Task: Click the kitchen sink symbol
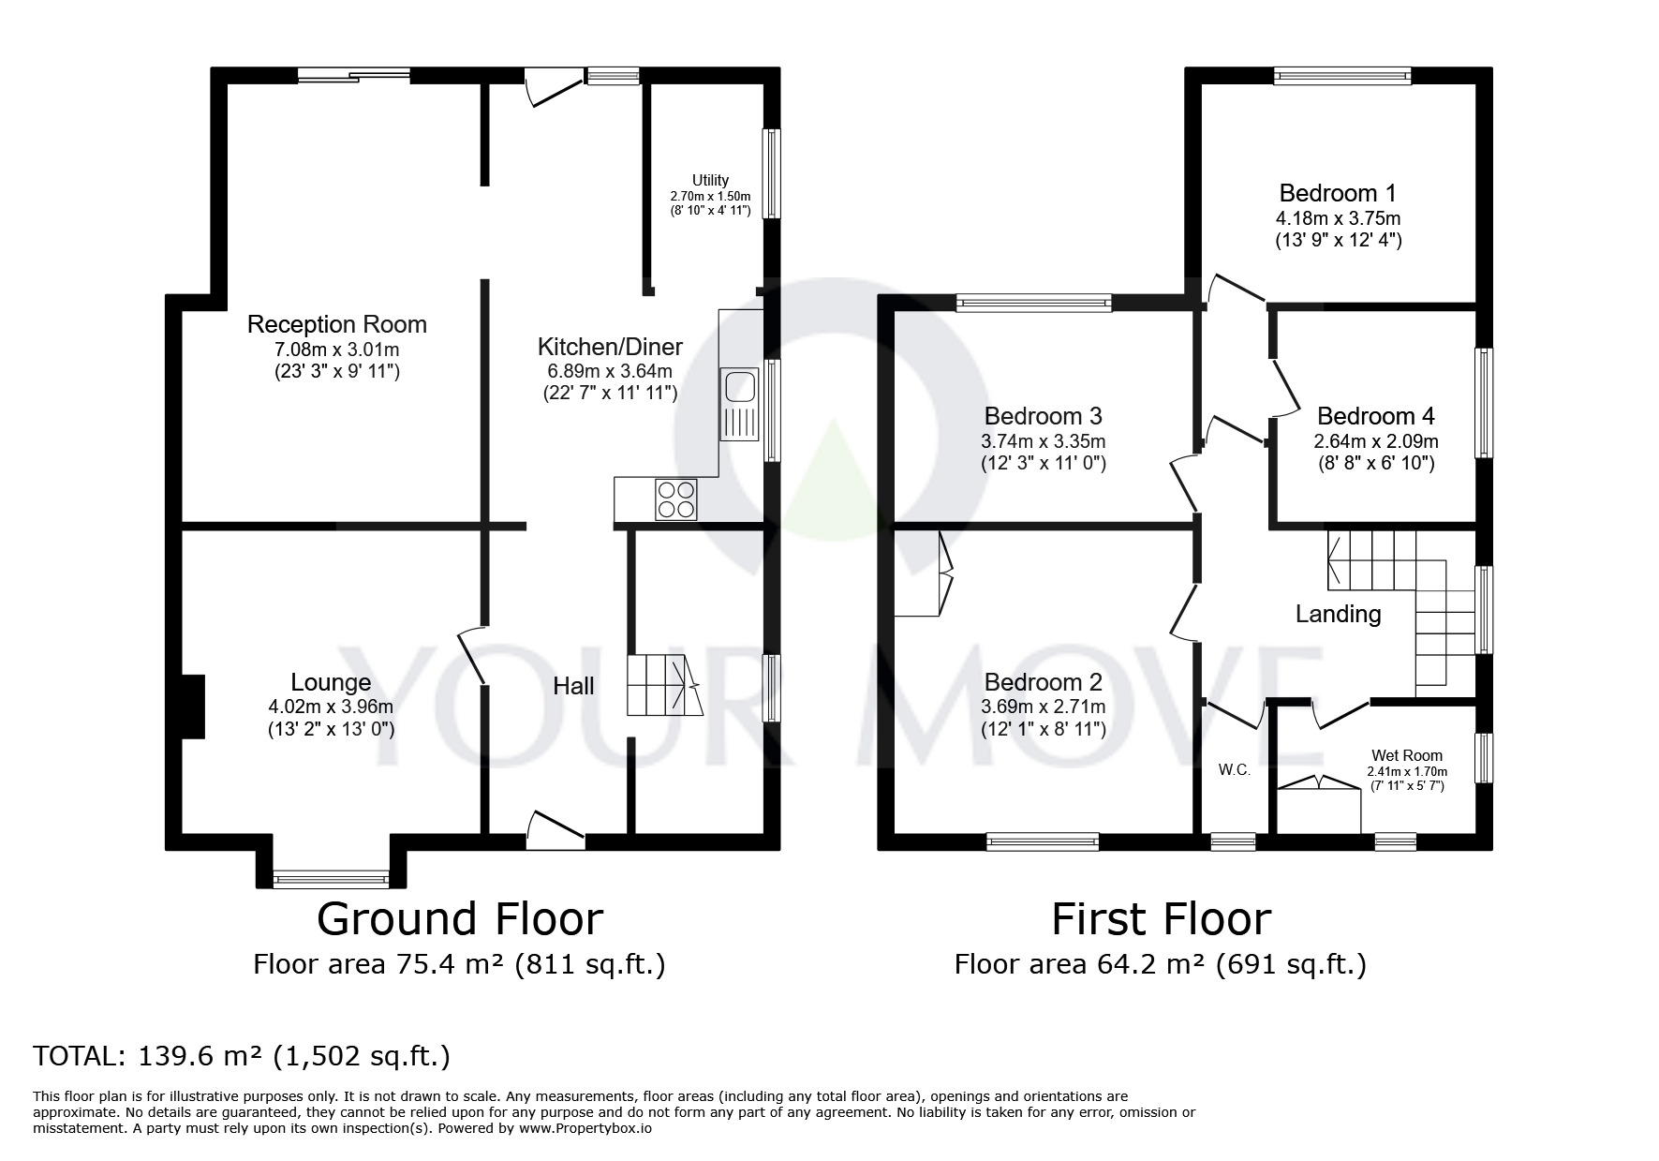[739, 404]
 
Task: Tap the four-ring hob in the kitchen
[676, 499]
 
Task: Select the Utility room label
[710, 180]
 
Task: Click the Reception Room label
[337, 324]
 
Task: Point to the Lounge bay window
[331, 879]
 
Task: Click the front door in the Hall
[555, 830]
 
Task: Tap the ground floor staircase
[664, 686]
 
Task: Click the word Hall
[573, 686]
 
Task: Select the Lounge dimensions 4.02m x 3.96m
[331, 707]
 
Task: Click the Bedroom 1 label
[1338, 193]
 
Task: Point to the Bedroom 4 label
[1375, 415]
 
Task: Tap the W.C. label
[1235, 770]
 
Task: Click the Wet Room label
[1407, 755]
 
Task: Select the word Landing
[1338, 614]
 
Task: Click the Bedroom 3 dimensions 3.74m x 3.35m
[1044, 441]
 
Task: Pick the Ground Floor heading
[460, 918]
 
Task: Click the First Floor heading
[1161, 918]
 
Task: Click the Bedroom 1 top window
[1342, 76]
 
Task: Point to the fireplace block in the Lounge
[192, 707]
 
